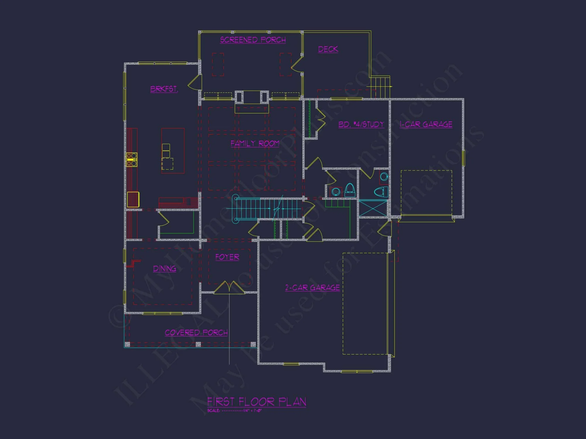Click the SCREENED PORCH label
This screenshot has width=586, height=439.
253,40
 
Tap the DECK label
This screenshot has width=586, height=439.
328,49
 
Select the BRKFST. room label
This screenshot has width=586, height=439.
164,89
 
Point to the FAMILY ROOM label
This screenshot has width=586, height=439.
255,143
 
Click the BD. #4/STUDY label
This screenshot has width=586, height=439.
361,124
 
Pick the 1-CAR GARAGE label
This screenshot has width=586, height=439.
426,124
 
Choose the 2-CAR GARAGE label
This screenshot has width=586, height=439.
313,288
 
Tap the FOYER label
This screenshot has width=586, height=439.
227,257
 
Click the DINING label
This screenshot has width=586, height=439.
165,268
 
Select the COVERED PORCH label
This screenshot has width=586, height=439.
196,332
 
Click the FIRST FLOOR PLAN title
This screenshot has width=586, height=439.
257,402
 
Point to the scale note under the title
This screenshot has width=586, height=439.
234,411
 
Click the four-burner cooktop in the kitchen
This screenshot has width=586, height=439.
132,160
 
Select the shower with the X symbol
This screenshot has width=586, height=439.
373,208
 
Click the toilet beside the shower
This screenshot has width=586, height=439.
381,192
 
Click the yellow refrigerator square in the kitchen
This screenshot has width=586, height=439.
133,199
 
